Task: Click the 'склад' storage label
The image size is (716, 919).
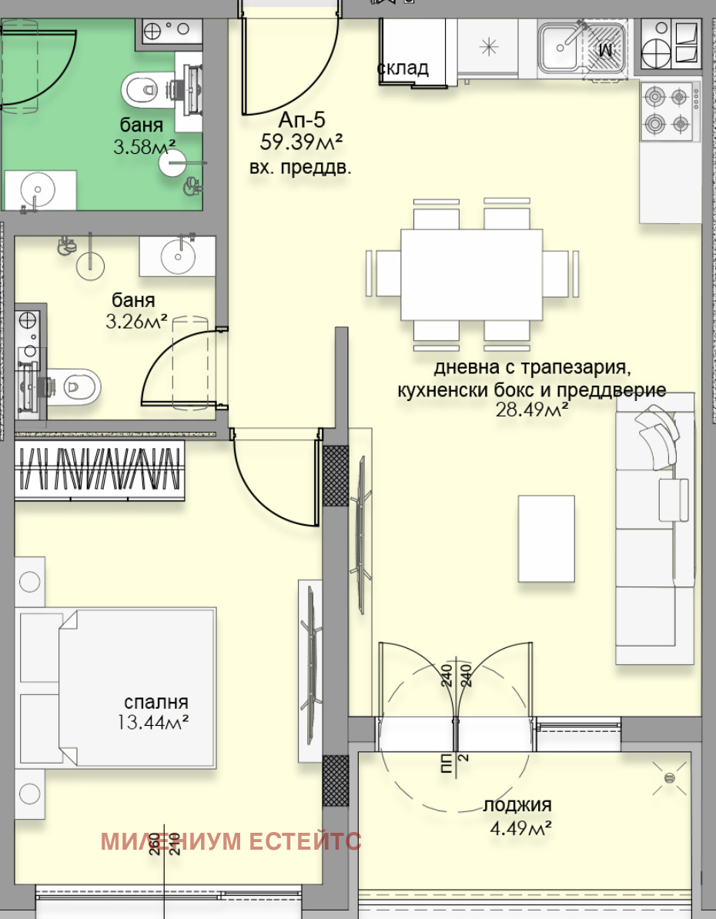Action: (x=403, y=69)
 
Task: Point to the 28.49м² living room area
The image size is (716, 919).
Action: (x=532, y=411)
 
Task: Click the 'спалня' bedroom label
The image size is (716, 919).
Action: (x=156, y=703)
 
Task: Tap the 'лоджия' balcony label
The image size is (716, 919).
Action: (x=517, y=806)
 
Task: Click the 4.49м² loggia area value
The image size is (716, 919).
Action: (x=522, y=828)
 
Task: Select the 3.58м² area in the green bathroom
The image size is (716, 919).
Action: (x=145, y=146)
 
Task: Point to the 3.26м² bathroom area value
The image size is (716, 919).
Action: (x=136, y=321)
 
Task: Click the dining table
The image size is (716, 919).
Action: (x=471, y=274)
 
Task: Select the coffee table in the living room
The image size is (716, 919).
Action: (x=546, y=538)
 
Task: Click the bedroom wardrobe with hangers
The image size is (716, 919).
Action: (x=100, y=470)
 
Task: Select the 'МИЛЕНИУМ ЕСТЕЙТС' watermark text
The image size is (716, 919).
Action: (x=231, y=841)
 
